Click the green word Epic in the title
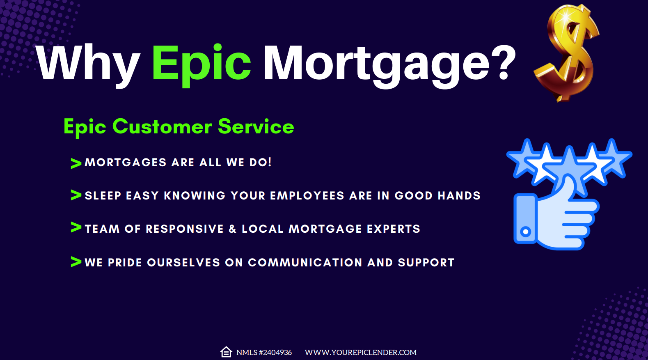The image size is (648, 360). point(201,65)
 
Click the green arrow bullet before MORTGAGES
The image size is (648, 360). point(76,163)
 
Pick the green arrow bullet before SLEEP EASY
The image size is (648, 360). point(76,195)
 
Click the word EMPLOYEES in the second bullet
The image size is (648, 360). point(307,196)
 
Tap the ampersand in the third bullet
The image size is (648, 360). point(233,229)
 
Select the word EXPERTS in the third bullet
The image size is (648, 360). point(394,229)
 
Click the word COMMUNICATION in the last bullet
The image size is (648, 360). point(305,262)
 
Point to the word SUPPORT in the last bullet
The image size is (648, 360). point(426,262)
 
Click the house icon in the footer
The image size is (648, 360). point(226,352)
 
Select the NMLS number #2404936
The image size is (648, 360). point(275,353)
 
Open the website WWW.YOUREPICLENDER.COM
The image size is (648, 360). point(360,353)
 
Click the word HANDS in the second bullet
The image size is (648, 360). point(459,196)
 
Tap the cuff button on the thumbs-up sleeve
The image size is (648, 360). point(525,232)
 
